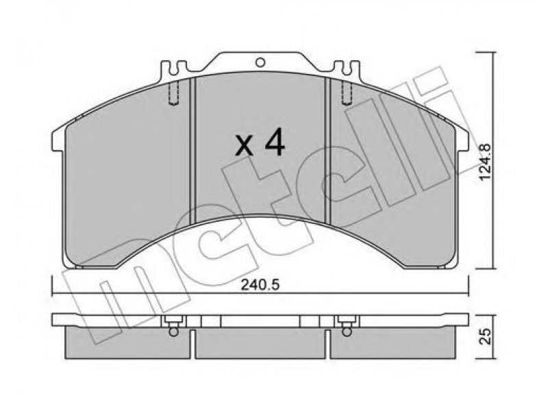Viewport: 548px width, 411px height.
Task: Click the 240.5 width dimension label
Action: pyautogui.click(x=260, y=286)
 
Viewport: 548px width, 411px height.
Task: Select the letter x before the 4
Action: pyautogui.click(x=244, y=146)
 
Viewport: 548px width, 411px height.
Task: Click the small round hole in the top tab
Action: pyautogui.click(x=260, y=63)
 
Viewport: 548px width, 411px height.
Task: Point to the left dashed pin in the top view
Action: pyautogui.click(x=173, y=92)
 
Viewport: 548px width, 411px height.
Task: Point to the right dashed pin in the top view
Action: pyautogui.click(x=347, y=92)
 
